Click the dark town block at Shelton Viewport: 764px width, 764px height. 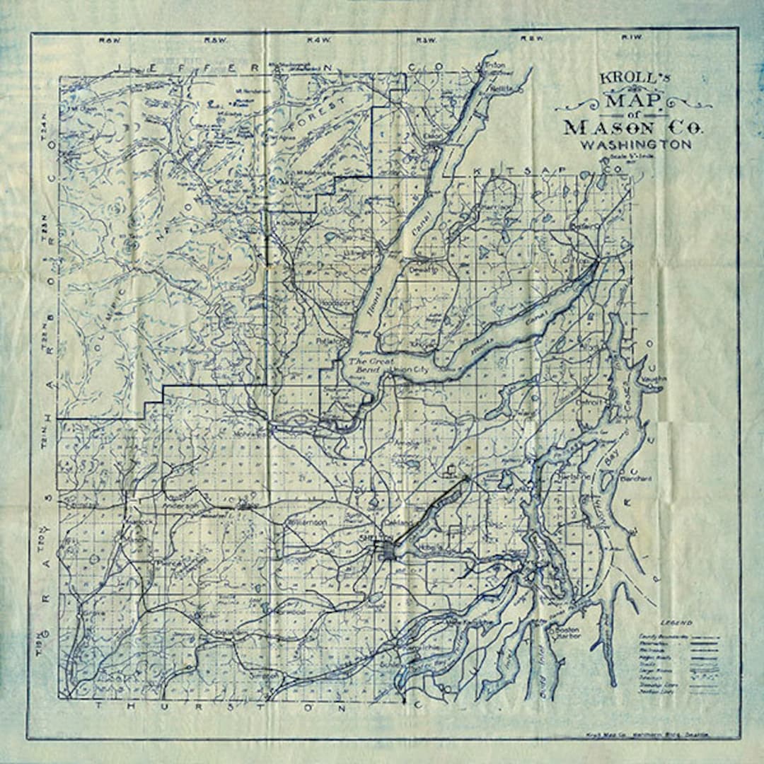[387, 549]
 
